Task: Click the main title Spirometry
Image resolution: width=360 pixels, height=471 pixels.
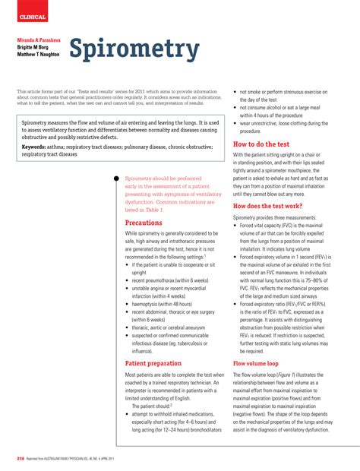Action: [134, 50]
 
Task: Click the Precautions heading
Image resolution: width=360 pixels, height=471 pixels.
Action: [144, 223]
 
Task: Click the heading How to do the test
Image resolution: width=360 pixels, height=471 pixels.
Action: [261, 143]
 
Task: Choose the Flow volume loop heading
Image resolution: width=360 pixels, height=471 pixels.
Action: [256, 364]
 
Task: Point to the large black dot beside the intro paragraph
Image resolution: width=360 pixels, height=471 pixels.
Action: [115, 179]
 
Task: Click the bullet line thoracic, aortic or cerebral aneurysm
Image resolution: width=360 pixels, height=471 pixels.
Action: [173, 327]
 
